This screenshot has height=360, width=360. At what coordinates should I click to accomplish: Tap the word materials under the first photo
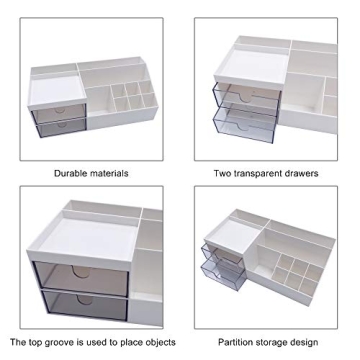(109, 173)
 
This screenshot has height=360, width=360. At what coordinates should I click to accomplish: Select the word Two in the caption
(223, 173)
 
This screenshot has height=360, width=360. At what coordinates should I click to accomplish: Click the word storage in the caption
(275, 342)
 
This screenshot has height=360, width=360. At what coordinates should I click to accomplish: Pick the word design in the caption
(312, 342)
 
